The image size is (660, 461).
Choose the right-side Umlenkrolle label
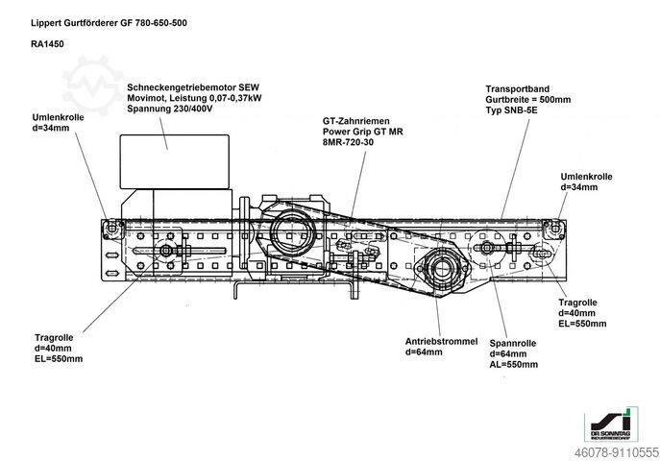pos(588,176)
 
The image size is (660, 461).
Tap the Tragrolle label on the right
pos(578,303)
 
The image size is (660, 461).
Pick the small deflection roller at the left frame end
pos(113,226)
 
